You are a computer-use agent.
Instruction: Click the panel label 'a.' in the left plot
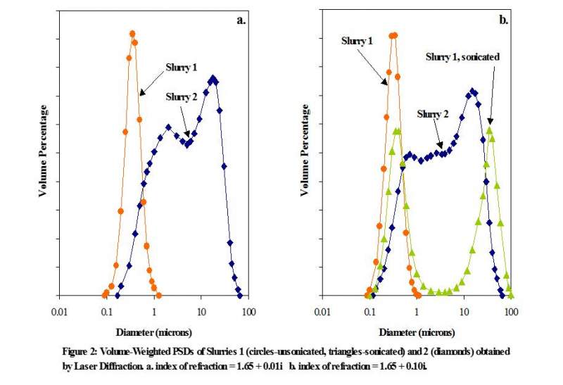pyautogui.click(x=241, y=20)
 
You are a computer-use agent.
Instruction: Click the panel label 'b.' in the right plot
pyautogui.click(x=503, y=20)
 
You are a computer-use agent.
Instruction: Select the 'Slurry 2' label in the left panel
pyautogui.click(x=182, y=96)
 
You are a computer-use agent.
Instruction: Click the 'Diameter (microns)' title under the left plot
pyautogui.click(x=153, y=330)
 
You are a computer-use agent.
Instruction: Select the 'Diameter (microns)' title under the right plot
pyautogui.click(x=417, y=330)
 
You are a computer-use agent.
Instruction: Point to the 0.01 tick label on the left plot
pyautogui.click(x=59, y=310)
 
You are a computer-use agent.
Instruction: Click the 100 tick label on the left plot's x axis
pyautogui.click(x=248, y=310)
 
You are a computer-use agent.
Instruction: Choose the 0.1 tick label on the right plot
pyautogui.click(x=370, y=310)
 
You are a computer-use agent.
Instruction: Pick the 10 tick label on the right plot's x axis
pyautogui.click(x=464, y=310)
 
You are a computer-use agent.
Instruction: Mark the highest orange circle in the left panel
pyautogui.click(x=132, y=33)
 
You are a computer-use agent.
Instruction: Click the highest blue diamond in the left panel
pyautogui.click(x=211, y=79)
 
